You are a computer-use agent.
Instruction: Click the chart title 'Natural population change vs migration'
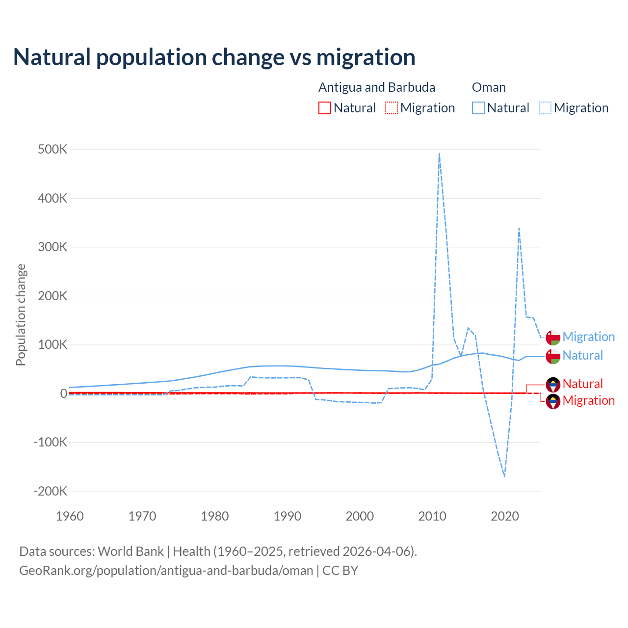click(214, 57)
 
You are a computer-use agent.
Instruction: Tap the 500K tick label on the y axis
click(52, 150)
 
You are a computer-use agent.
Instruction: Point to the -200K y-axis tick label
click(50, 491)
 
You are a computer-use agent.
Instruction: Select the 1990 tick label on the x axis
click(288, 516)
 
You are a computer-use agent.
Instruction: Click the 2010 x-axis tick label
click(432, 516)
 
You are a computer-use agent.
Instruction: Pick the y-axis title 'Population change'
click(21, 315)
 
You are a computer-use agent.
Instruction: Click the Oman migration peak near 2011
click(439, 154)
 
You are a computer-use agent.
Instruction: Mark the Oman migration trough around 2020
click(504, 476)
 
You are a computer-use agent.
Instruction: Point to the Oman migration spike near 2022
click(519, 228)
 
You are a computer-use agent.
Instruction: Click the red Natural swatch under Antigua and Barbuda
click(325, 108)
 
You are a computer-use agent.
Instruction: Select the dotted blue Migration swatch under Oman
click(545, 108)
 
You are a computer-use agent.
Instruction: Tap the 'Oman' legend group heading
click(489, 87)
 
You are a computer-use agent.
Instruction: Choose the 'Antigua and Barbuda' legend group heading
click(377, 87)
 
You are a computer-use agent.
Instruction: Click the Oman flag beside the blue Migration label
click(553, 338)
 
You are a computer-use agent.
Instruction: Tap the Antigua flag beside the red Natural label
click(553, 384)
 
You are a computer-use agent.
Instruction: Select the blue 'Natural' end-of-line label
click(582, 355)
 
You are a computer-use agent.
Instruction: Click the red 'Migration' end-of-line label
click(588, 400)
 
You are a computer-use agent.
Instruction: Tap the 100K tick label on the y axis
click(52, 344)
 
